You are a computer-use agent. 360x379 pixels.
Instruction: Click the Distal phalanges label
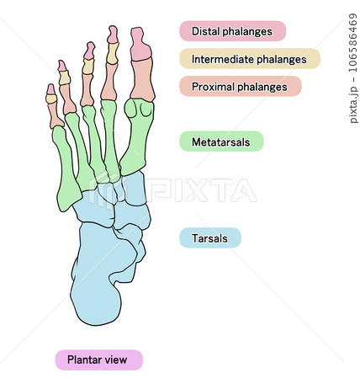click(232, 31)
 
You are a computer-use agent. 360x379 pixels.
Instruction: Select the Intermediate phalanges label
click(250, 59)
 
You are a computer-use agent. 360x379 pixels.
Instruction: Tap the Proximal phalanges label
click(241, 86)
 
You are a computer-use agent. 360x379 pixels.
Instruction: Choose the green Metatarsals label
click(221, 141)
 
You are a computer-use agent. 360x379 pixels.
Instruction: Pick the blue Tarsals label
click(210, 238)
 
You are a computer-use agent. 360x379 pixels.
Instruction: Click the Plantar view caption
click(99, 360)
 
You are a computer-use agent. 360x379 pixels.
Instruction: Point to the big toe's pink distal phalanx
click(140, 45)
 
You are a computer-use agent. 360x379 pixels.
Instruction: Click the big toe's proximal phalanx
click(143, 79)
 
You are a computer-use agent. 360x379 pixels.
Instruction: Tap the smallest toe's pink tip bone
click(50, 89)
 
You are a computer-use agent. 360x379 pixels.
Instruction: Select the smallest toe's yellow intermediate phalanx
click(51, 99)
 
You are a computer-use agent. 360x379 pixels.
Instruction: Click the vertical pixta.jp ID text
click(353, 68)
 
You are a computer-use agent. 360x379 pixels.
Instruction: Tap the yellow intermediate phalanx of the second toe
click(113, 53)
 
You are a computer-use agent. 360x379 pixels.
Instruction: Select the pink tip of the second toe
click(113, 35)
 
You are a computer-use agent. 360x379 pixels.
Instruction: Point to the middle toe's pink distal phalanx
click(90, 51)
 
